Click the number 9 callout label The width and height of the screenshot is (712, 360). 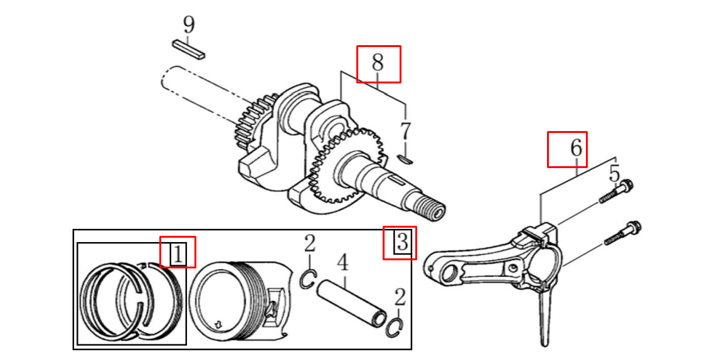[189, 25]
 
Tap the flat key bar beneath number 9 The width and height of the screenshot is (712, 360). [188, 50]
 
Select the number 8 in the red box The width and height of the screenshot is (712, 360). [378, 63]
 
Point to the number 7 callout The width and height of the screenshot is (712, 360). [406, 131]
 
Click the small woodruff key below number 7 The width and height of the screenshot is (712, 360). [405, 159]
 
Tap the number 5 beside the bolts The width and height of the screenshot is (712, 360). [614, 173]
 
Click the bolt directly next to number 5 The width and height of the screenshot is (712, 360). [616, 192]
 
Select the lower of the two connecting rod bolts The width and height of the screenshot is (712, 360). [621, 233]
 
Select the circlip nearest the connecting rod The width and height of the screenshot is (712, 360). [395, 327]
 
